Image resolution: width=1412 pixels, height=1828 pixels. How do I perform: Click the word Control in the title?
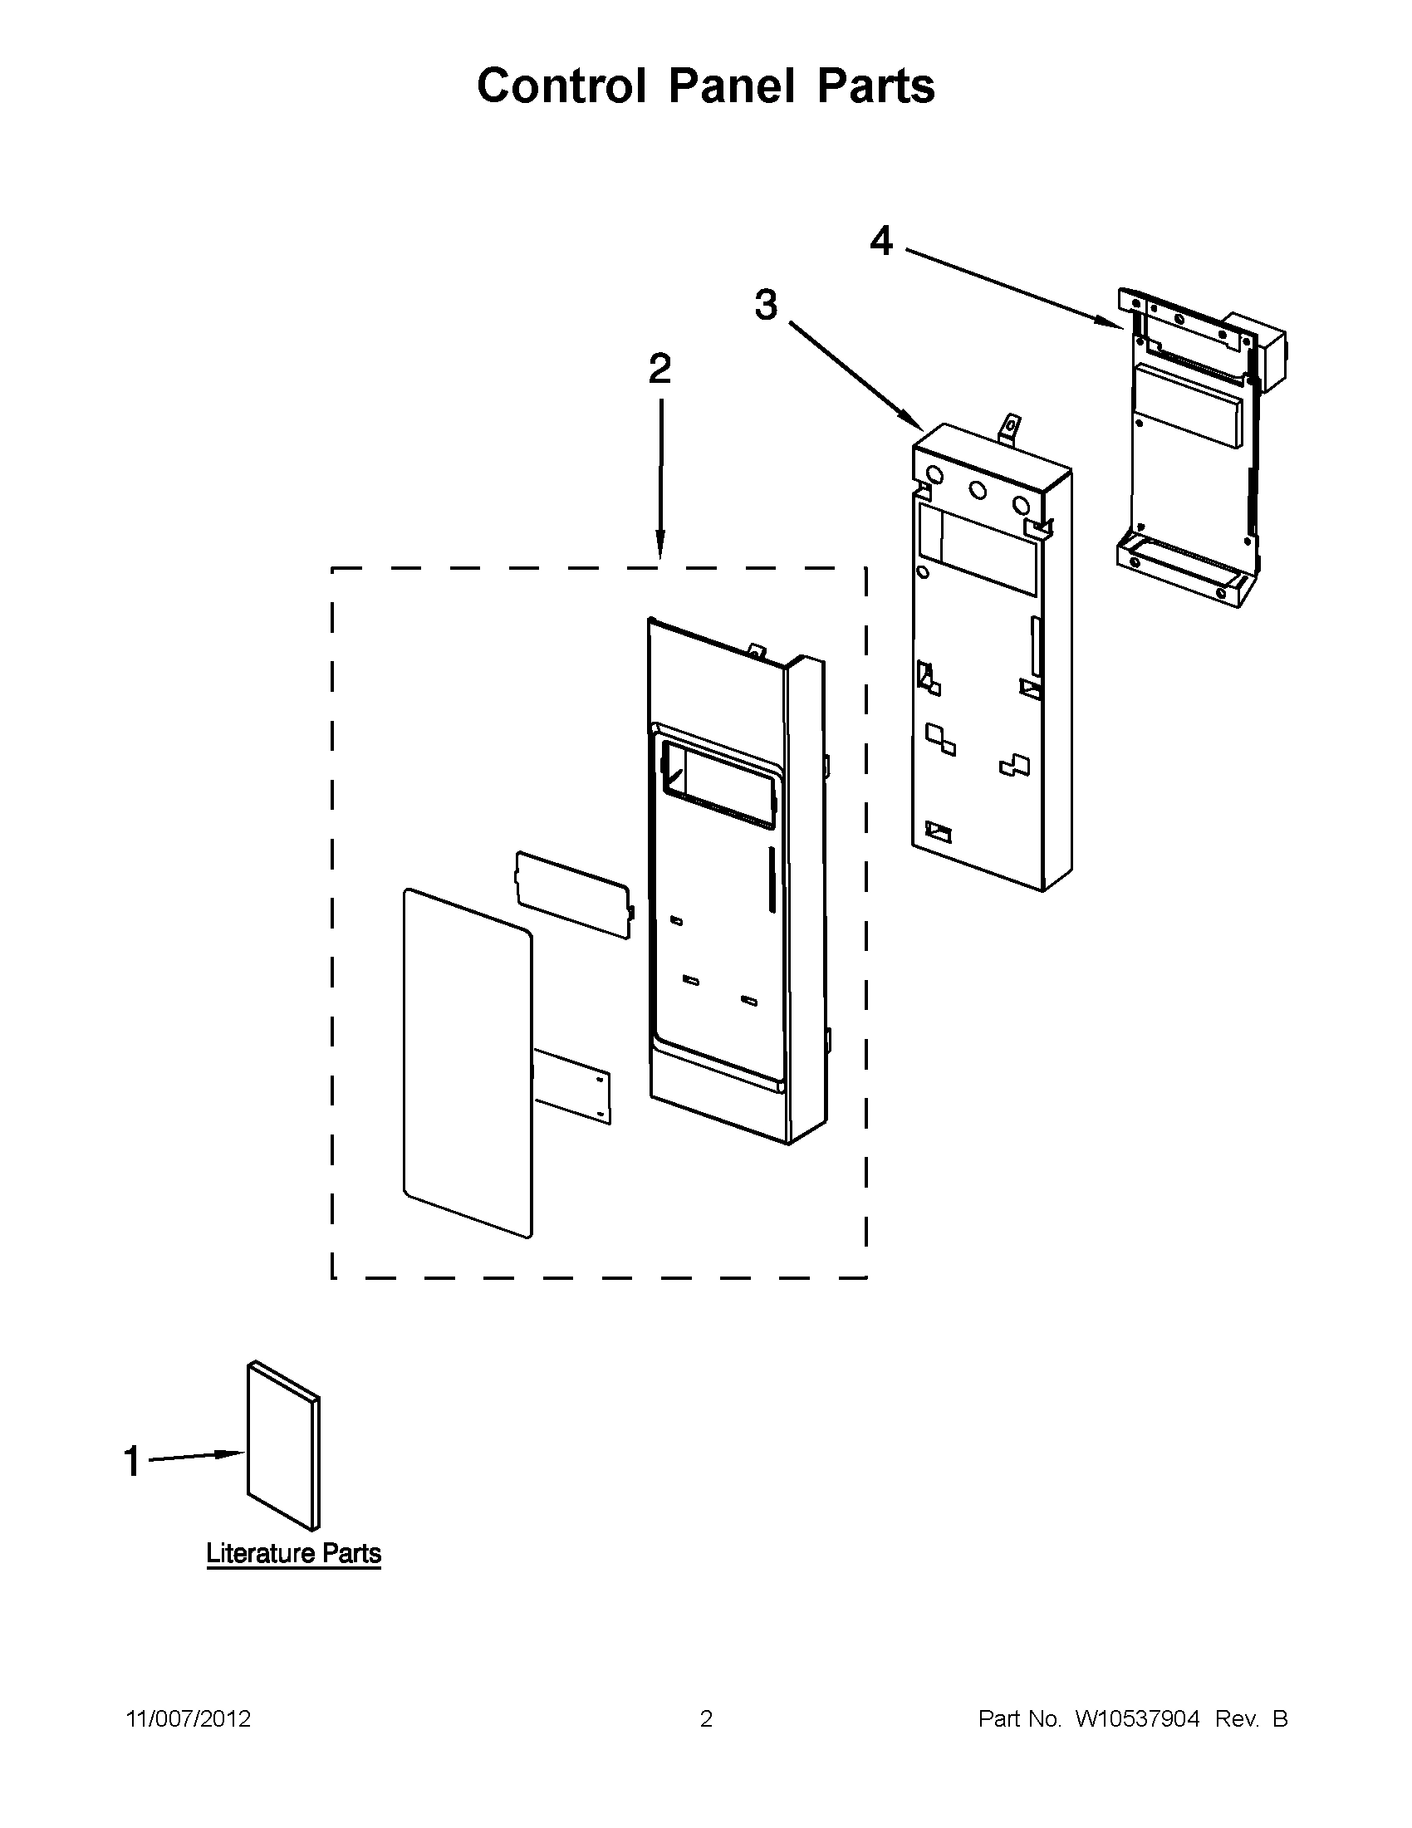[561, 86]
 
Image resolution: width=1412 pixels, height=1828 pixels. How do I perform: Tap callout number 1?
[132, 1462]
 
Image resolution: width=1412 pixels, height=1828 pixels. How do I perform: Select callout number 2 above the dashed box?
[659, 369]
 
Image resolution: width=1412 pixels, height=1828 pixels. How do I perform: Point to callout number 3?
[766, 305]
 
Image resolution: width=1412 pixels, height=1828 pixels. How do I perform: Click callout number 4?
[881, 242]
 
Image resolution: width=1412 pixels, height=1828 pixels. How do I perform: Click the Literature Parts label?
[293, 1553]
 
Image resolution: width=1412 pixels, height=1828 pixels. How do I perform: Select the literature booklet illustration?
[283, 1444]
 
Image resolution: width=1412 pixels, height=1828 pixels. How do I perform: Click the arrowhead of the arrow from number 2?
[660, 548]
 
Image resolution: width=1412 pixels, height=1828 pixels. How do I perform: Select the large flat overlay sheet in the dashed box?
[466, 1063]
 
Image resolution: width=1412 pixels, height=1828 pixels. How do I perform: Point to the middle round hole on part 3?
[977, 491]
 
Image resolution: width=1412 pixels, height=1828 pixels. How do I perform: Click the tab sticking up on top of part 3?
[1011, 429]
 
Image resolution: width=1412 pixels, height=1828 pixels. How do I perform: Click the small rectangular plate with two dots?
[572, 1086]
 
